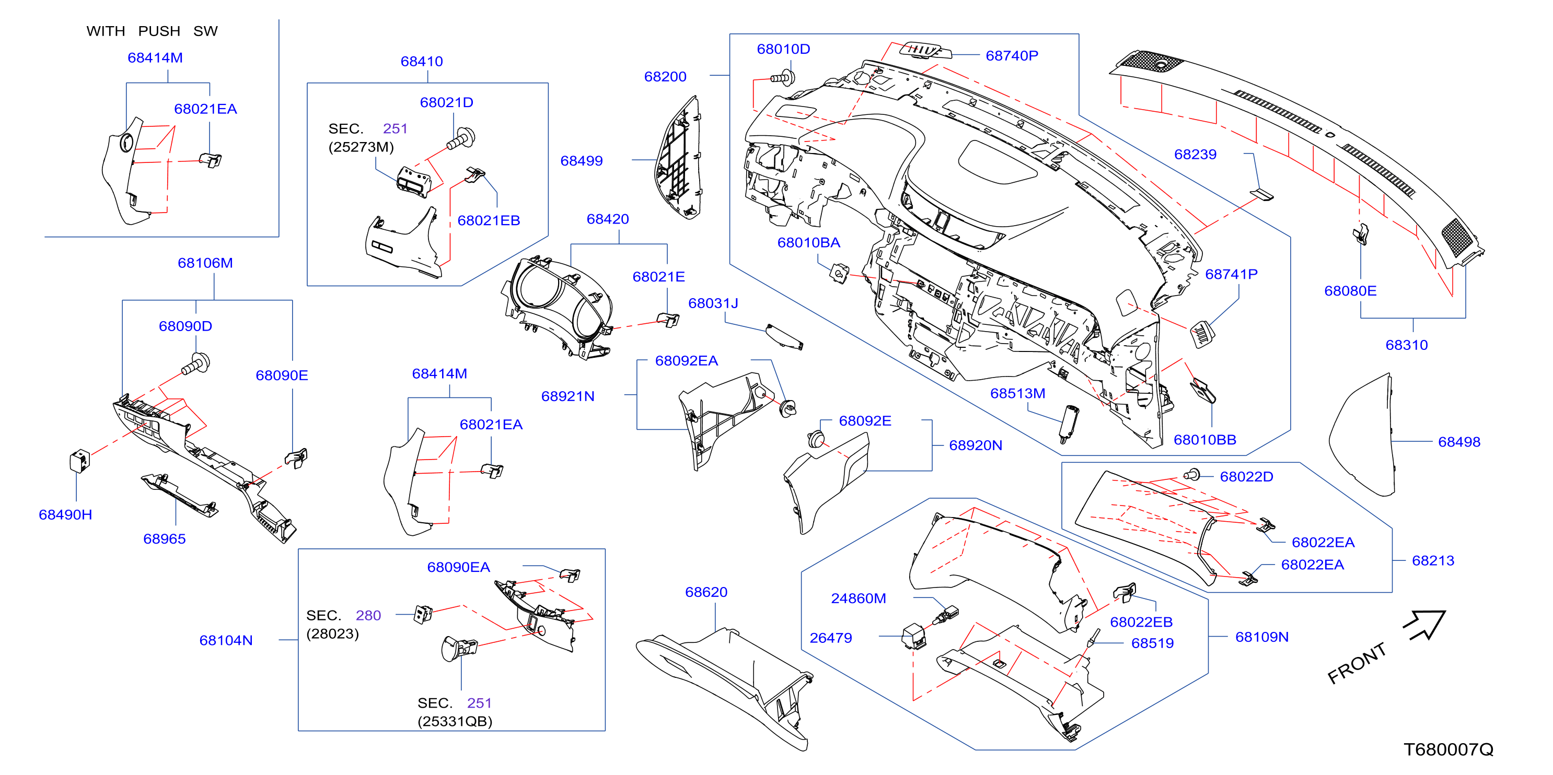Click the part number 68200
coord(665,77)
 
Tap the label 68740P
coord(1012,55)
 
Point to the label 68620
coord(706,592)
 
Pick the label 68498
coord(1459,442)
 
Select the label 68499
coord(581,161)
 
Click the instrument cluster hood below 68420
coord(558,308)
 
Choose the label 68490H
coord(65,514)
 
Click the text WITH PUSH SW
coord(152,31)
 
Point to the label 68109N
coord(1262,637)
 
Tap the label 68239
coord(1195,154)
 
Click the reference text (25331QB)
coord(455,721)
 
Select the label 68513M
coord(1017,394)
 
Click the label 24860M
coord(859,598)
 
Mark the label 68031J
coord(713,303)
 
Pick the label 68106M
coord(205,263)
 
